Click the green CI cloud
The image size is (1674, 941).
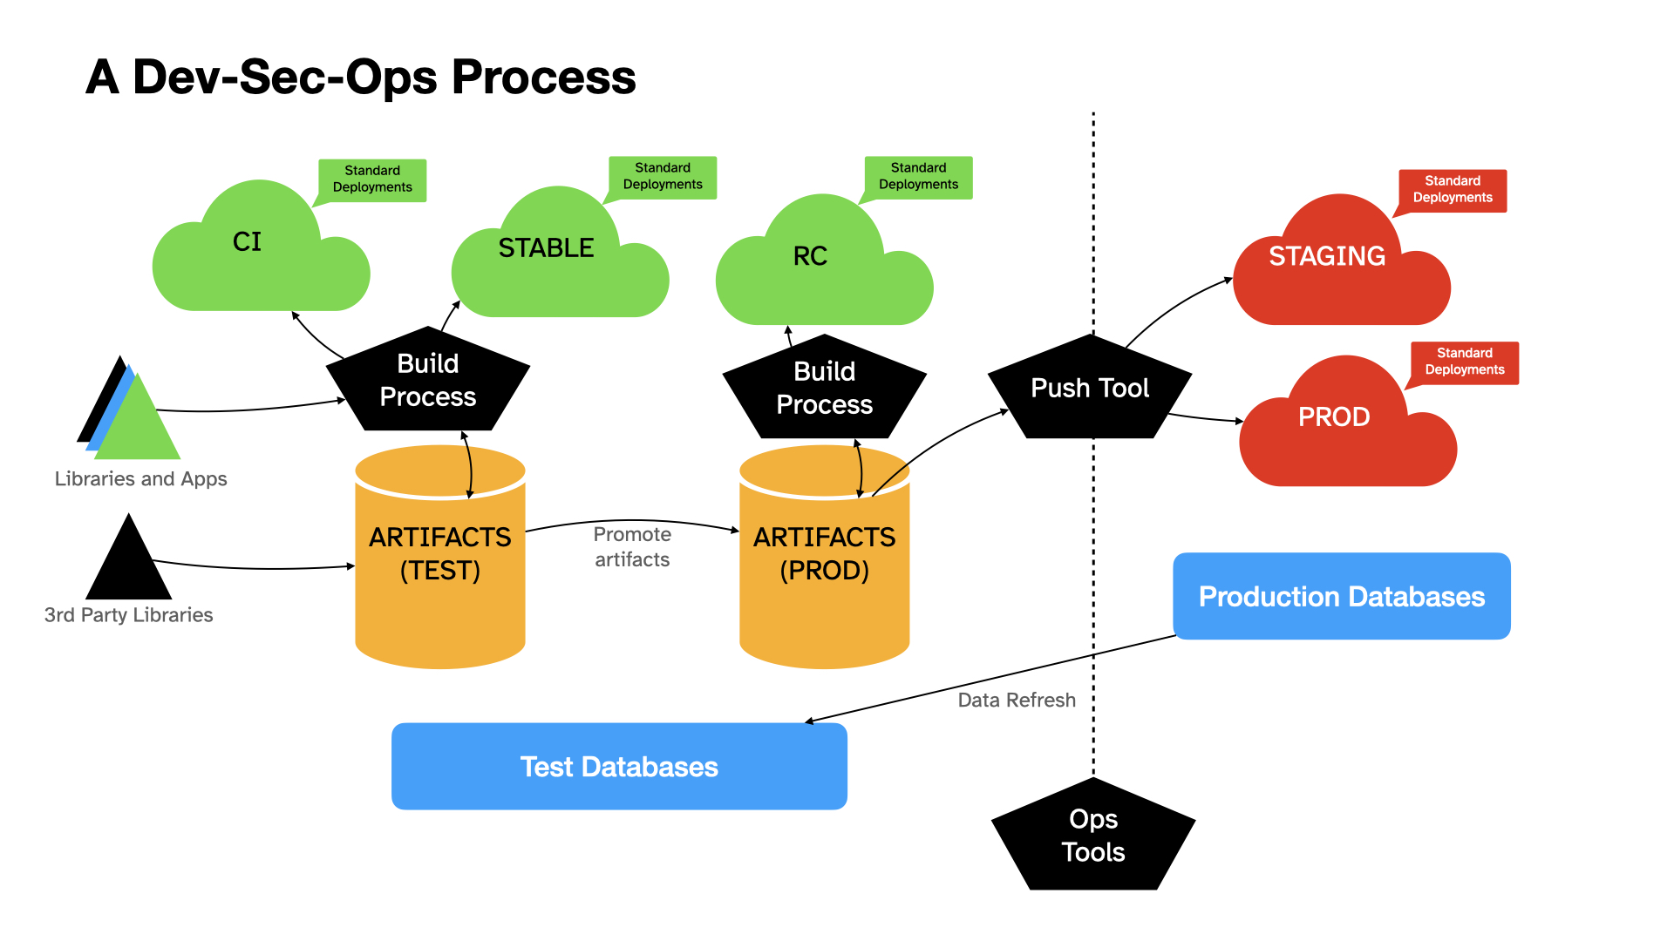click(x=261, y=253)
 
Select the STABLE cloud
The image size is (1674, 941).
click(x=560, y=257)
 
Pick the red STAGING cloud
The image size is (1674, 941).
click(x=1342, y=266)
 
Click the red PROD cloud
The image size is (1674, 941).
click(x=1348, y=427)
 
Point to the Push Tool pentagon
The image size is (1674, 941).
click(x=1090, y=388)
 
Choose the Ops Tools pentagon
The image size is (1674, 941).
click(x=1093, y=836)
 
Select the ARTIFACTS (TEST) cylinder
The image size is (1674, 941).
click(x=440, y=557)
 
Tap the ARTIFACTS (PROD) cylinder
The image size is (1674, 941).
click(x=825, y=557)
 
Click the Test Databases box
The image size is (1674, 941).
click(x=619, y=767)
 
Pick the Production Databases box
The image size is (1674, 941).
click(x=1342, y=596)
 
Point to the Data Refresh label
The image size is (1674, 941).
click(x=1017, y=701)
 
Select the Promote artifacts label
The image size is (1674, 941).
click(x=632, y=547)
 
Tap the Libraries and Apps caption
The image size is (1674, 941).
click(x=140, y=479)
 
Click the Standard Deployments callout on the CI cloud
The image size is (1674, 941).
click(x=371, y=180)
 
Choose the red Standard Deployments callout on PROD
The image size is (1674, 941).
click(x=1464, y=362)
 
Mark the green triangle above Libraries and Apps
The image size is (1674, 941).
click(x=137, y=416)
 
